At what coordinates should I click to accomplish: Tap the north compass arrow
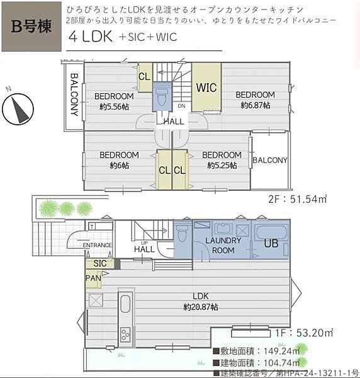(18, 108)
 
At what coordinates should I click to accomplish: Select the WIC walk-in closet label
(206, 88)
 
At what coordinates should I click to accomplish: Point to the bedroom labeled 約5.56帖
(114, 101)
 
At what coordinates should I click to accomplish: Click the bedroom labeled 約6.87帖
(255, 100)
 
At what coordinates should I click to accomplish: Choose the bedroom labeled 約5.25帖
(222, 160)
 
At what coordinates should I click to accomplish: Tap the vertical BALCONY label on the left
(74, 95)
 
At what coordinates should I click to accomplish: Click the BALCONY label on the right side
(269, 160)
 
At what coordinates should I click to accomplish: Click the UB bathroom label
(271, 243)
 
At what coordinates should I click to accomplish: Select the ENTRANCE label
(97, 245)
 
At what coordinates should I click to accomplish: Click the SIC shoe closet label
(99, 263)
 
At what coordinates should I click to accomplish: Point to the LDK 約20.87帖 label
(201, 302)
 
